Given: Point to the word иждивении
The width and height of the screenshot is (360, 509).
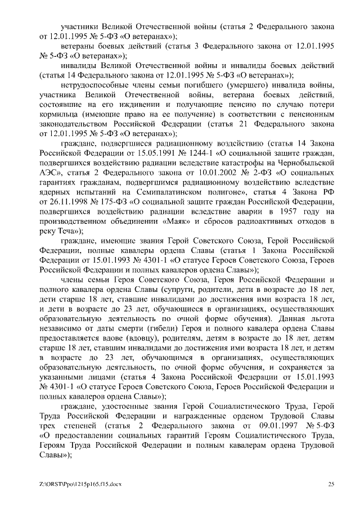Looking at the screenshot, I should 132,105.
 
